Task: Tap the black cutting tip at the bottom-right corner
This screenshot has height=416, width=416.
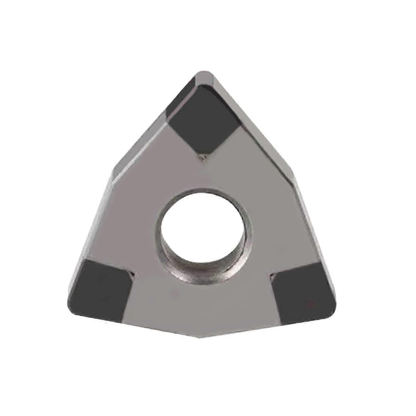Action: pos(303,294)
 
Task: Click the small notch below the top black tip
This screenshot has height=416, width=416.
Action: pos(204,157)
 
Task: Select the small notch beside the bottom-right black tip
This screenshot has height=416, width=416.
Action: pos(272,274)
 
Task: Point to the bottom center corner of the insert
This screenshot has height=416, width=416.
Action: pos(199,337)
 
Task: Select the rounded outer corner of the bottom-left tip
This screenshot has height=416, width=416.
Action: pos(71,311)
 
